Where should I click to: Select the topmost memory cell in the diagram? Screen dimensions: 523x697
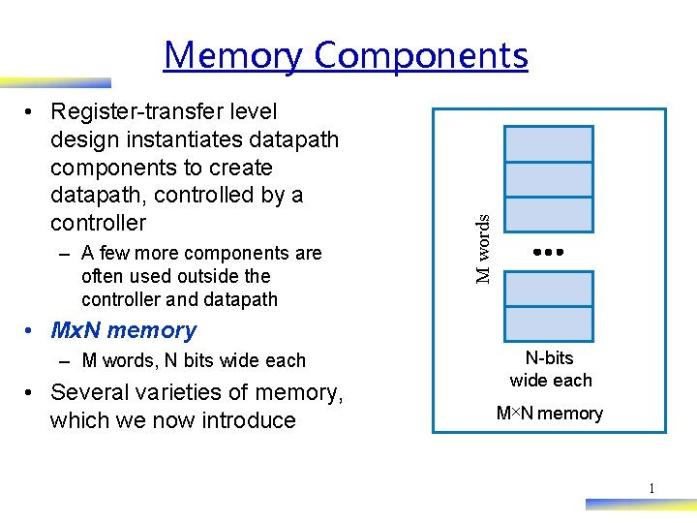549,143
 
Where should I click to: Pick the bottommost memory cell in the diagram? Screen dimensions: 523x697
549,323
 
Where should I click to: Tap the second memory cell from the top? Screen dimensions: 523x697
549,179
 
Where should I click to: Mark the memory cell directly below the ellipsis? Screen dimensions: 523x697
549,289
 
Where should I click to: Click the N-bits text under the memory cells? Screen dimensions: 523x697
550,358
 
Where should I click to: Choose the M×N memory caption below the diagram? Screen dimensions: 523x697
549,414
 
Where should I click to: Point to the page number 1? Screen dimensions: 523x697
652,489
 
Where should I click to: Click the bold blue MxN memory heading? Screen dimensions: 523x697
123,330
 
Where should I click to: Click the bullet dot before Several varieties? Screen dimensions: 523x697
31,392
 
